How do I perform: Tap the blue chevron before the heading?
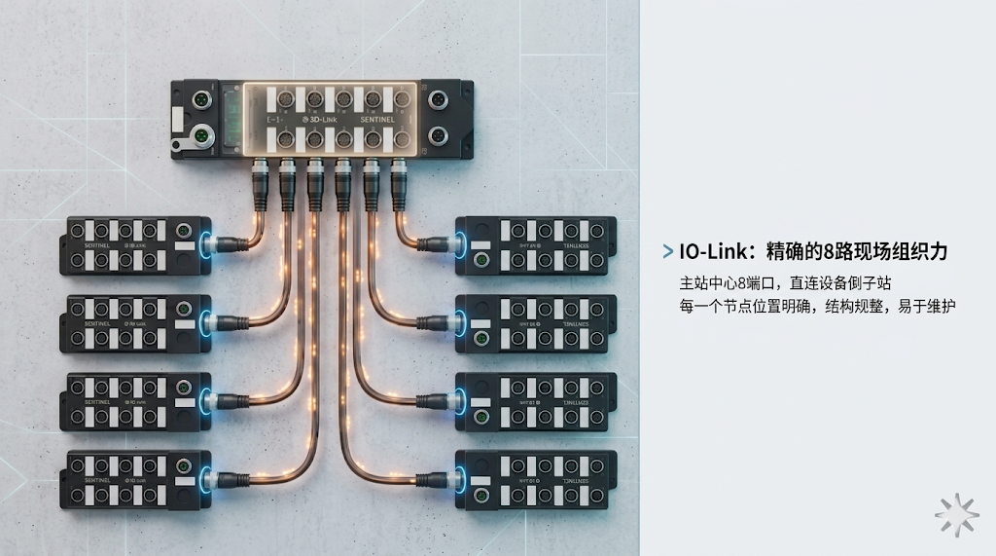667,252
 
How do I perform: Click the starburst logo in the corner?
956,513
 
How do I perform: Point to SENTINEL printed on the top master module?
378,119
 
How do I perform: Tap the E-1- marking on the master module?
276,119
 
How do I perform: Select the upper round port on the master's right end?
437,99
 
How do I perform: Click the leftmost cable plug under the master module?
261,179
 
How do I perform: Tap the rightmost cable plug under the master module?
399,179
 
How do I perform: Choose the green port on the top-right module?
480,261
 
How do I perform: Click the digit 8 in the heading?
828,252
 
